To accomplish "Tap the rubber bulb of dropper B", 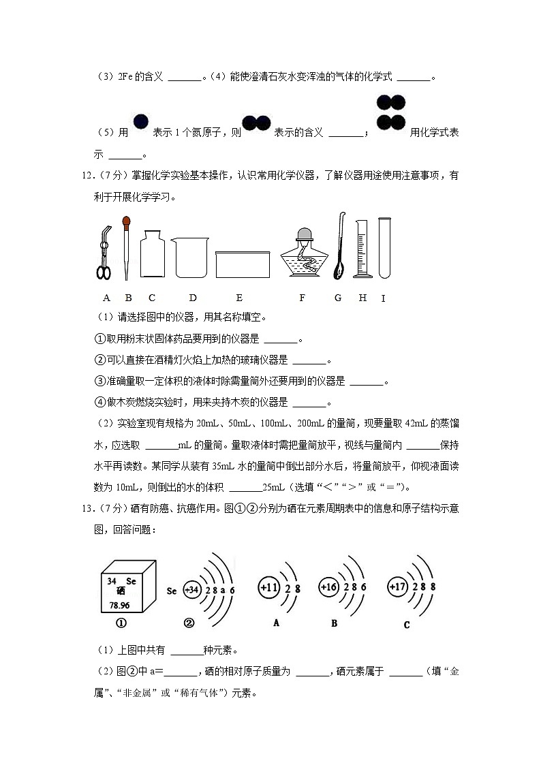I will click(x=125, y=221).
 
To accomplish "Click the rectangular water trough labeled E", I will click(x=239, y=264).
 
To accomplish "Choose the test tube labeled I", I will click(x=384, y=247).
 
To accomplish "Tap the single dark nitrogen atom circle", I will click(x=140, y=122).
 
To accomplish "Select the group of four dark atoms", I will click(x=390, y=113).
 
